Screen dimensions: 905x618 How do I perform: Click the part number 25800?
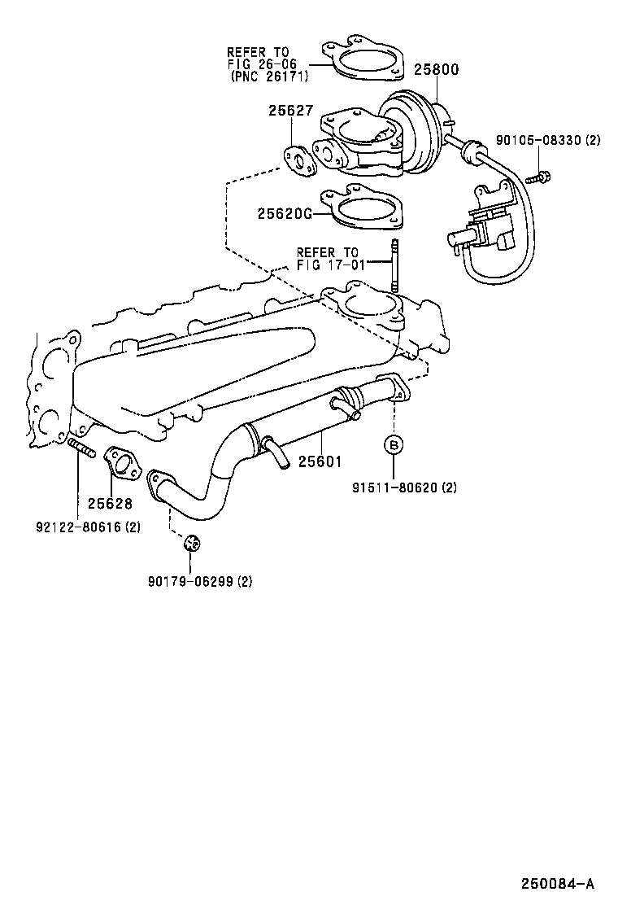click(x=436, y=70)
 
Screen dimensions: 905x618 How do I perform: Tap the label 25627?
click(x=290, y=111)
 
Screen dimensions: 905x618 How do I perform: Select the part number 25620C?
click(x=285, y=214)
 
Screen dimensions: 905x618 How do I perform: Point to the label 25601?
click(x=320, y=461)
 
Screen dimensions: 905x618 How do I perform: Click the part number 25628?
click(x=110, y=504)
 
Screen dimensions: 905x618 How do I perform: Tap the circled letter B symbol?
click(x=394, y=444)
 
